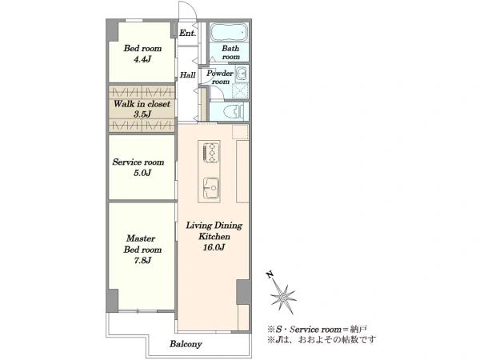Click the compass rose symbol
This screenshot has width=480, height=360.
(x=283, y=296)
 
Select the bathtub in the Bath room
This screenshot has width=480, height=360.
(x=229, y=32)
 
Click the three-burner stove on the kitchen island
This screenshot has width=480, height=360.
(x=211, y=152)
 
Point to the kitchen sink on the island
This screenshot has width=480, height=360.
(x=211, y=188)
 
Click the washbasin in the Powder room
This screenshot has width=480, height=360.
(x=242, y=74)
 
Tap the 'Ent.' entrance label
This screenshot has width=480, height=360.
(x=187, y=33)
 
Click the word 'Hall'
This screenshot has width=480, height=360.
(x=188, y=75)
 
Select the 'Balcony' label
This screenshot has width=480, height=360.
(x=186, y=344)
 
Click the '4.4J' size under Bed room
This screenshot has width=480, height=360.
(x=142, y=59)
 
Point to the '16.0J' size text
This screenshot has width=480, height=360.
(x=214, y=247)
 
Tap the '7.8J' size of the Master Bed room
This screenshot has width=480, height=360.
(x=142, y=261)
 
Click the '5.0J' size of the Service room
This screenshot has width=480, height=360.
(x=142, y=174)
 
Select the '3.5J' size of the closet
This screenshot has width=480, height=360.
(x=142, y=114)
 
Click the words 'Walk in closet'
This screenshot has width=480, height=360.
(x=142, y=104)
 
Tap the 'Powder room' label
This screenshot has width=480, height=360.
(x=220, y=78)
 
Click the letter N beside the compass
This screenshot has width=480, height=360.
(x=270, y=274)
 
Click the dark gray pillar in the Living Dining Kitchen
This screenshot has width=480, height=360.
(x=243, y=292)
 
